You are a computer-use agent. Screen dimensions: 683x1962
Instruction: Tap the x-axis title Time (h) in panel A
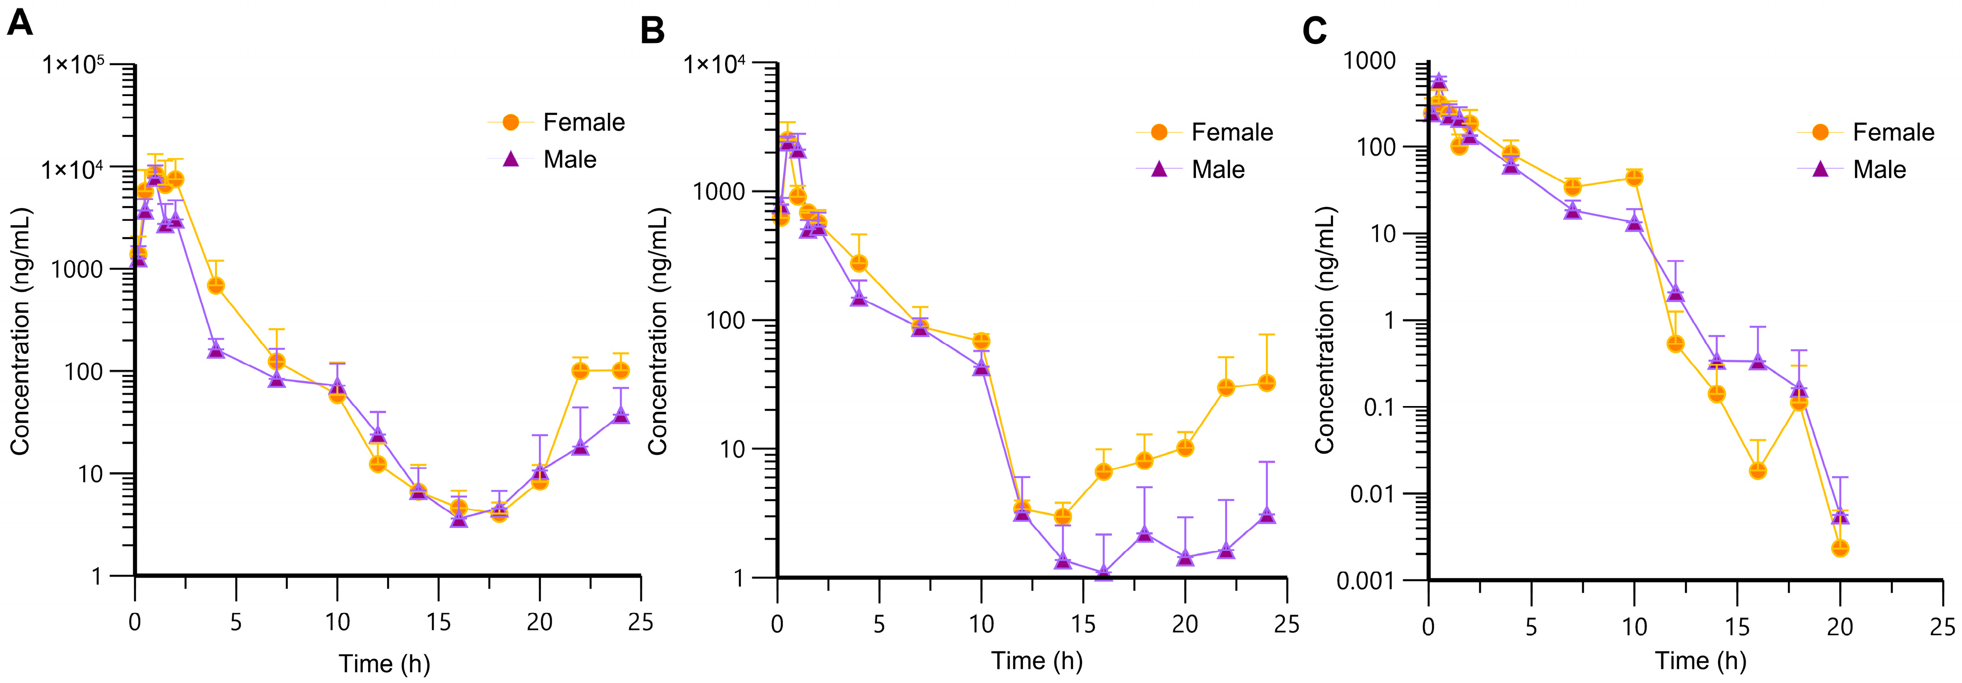[x=385, y=663]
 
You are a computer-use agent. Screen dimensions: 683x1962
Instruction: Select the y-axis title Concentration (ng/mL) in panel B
[x=657, y=331]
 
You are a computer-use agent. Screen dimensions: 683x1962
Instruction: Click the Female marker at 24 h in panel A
[x=621, y=370]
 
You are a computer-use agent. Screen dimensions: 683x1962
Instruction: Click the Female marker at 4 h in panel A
[x=215, y=285]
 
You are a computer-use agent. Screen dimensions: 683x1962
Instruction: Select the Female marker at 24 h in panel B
[x=1266, y=383]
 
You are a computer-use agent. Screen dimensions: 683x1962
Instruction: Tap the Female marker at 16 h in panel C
[x=1757, y=471]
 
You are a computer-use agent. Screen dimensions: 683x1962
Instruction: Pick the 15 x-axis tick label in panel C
[x=1737, y=627]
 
